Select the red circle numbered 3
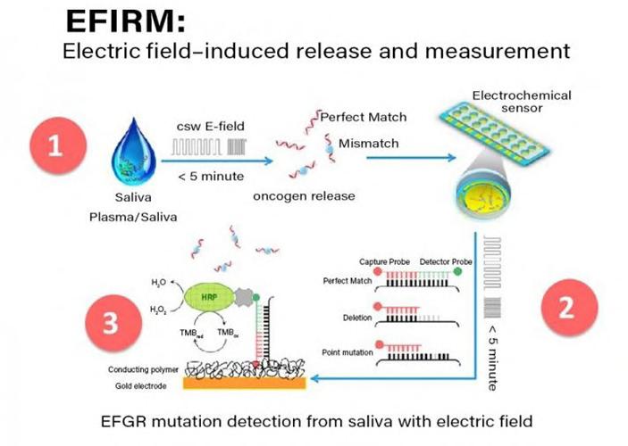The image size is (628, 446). [x=111, y=322]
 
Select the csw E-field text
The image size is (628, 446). [x=207, y=128]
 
